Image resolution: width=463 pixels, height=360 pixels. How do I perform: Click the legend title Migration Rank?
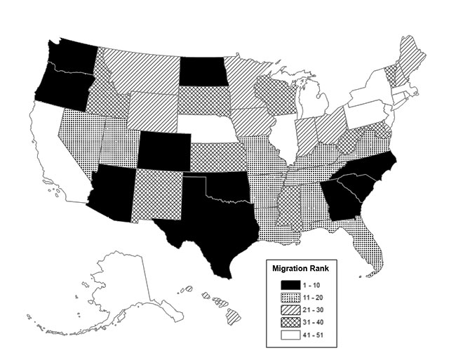pos(305,267)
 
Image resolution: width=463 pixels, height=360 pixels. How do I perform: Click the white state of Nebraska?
pos(210,126)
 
